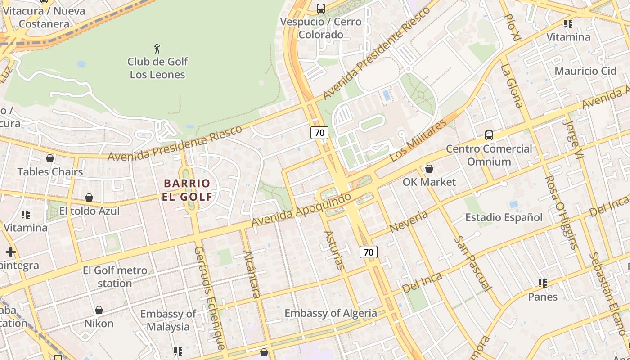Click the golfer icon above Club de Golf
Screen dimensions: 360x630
coord(157,49)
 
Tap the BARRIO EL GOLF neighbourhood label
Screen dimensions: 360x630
coord(187,189)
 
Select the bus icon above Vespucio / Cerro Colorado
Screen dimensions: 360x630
coord(320,8)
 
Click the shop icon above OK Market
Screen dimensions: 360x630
coord(429,169)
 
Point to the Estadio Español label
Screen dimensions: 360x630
coord(504,217)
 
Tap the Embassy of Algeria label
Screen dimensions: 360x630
coord(331,313)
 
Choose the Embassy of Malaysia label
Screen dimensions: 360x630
coord(168,320)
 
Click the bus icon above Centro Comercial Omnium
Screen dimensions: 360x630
coord(489,135)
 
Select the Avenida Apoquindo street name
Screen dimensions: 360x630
coord(301,210)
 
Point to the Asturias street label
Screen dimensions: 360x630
coord(334,250)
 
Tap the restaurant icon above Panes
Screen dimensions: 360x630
coord(543,283)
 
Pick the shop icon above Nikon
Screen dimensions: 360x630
coord(99,310)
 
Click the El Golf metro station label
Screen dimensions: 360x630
coord(115,277)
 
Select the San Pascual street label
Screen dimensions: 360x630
coord(472,263)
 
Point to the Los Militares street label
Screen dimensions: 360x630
coord(418,140)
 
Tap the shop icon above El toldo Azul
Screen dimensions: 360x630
coord(89,198)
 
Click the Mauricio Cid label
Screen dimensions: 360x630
coord(585,71)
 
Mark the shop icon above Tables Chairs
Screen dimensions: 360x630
coord(50,158)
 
